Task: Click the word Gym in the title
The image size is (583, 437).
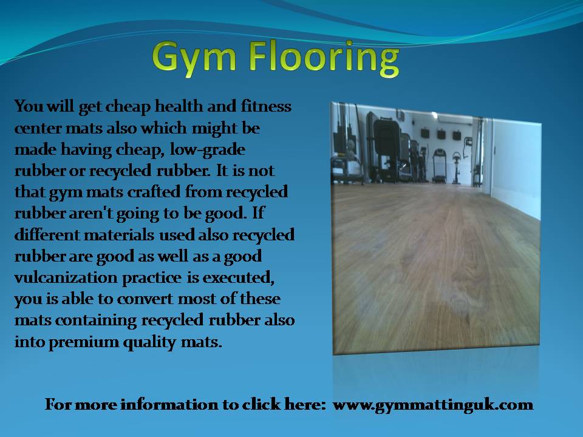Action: (194, 59)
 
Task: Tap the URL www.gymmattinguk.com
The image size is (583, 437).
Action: (433, 405)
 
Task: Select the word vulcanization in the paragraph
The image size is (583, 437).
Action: (66, 277)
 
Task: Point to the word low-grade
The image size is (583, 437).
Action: (208, 150)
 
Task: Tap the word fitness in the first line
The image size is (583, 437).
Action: (266, 106)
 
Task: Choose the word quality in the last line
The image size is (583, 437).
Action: (149, 342)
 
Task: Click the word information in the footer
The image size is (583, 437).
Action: (169, 404)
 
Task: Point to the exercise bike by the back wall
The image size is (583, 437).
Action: (456, 168)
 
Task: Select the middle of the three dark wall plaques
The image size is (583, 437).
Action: (442, 134)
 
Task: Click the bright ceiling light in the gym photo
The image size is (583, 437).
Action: (434, 115)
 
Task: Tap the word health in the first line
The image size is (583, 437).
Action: (179, 106)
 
